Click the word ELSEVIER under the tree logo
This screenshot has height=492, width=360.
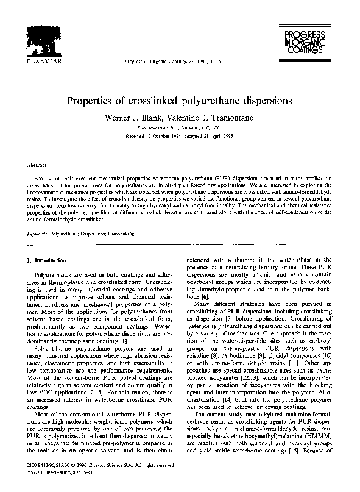tap(44, 61)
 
